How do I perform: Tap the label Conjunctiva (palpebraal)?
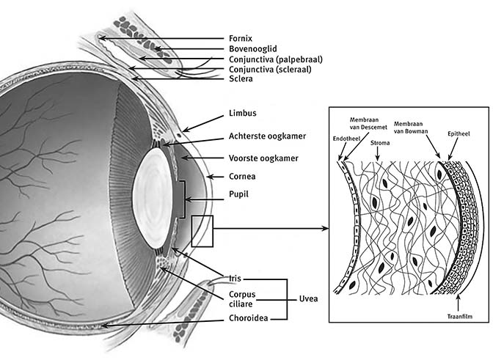pos(275,59)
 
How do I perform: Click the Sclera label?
pos(240,80)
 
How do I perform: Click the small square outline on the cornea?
pos(202,231)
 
